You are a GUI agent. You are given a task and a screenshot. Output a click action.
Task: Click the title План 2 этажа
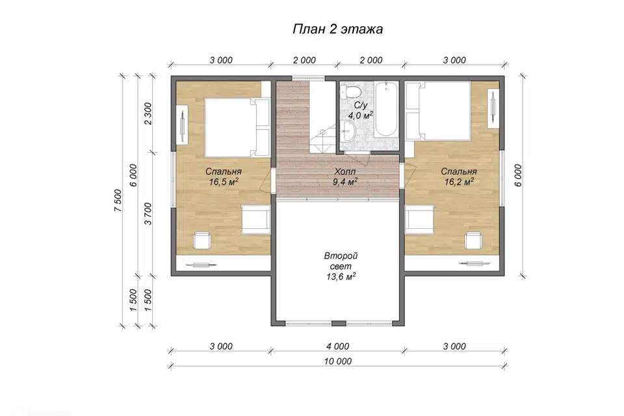(337, 29)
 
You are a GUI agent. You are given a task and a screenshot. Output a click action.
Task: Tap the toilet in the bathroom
(351, 92)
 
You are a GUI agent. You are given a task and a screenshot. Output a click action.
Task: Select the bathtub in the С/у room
(385, 109)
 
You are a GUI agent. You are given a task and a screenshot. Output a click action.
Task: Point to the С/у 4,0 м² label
(361, 110)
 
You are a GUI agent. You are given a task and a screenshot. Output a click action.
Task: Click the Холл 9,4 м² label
(345, 177)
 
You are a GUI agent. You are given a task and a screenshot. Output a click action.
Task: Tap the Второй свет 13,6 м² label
(341, 266)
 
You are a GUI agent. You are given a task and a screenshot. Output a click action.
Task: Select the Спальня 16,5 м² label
(224, 177)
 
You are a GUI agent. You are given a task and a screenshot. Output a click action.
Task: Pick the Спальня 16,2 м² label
(459, 177)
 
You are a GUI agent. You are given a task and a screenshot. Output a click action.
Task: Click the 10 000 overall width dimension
(338, 361)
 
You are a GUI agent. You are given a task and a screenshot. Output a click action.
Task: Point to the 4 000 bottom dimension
(338, 346)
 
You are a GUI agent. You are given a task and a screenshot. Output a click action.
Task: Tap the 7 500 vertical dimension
(118, 200)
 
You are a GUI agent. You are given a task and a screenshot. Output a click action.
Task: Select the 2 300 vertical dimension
(148, 114)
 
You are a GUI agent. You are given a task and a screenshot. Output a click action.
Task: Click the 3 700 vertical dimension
(148, 214)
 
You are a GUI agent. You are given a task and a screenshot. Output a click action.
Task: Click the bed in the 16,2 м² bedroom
(438, 111)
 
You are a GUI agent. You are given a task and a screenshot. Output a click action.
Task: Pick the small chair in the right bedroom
(474, 240)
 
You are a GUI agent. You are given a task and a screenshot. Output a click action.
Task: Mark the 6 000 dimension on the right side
(518, 175)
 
